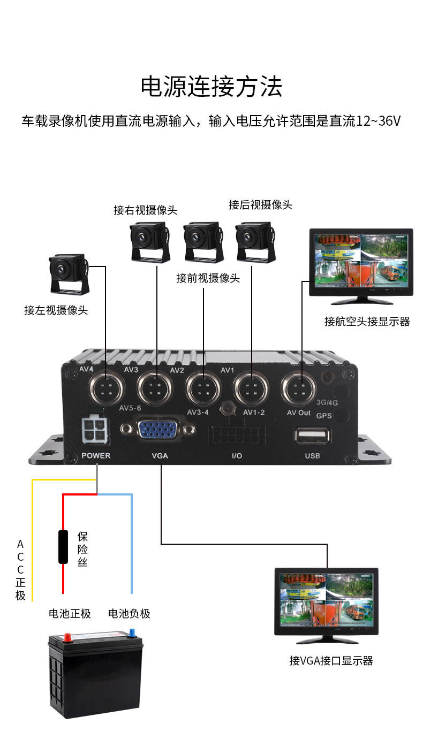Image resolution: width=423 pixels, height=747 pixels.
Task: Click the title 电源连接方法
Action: coord(211,87)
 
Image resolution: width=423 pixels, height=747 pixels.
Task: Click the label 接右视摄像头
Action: coord(145,210)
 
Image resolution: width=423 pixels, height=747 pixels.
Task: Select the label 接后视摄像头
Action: coord(260,205)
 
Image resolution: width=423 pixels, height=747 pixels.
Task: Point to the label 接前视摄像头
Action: coord(208,278)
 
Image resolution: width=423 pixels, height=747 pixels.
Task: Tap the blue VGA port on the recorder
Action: coord(159,430)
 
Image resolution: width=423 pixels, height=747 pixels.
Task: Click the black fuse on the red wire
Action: coord(63,547)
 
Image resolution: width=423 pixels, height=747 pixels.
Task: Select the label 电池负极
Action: coord(129,613)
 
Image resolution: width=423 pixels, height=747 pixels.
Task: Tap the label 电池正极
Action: coord(70,613)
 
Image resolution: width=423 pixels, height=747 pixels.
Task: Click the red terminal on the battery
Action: coord(68,637)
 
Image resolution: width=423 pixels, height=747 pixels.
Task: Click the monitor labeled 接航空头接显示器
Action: coord(361,261)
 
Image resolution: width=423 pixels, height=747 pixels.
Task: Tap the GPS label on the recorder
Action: coord(324,415)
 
